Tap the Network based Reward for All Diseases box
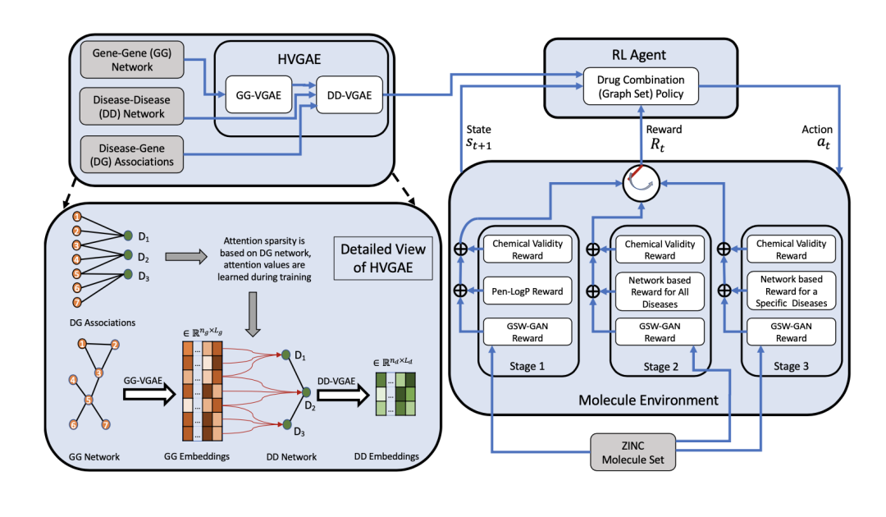[x=660, y=292]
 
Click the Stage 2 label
[x=660, y=368]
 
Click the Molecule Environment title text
[x=649, y=400]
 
